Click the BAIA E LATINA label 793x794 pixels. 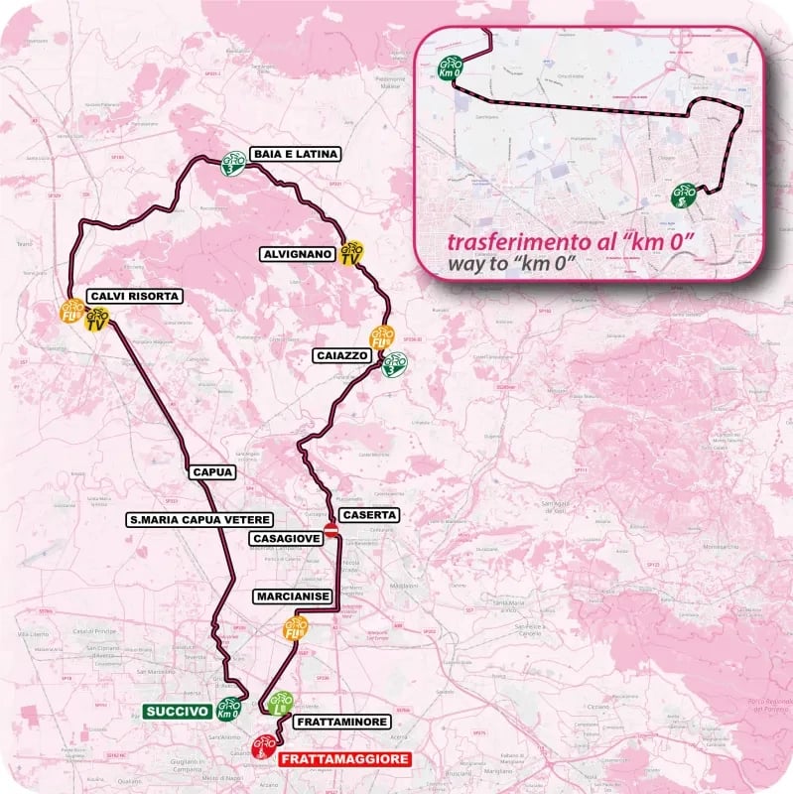[x=295, y=154]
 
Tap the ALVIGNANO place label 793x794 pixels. [x=297, y=253]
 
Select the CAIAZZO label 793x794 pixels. [x=341, y=353]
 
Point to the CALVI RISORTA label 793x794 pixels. [x=134, y=296]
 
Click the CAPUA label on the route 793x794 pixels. [x=210, y=472]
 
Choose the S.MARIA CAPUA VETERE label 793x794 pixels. [x=186, y=518]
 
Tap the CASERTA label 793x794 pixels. [x=369, y=515]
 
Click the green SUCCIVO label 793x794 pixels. [x=177, y=711]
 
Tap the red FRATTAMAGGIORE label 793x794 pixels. [x=343, y=759]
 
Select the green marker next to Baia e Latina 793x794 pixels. [x=233, y=160]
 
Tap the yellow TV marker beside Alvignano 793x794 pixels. [x=349, y=253]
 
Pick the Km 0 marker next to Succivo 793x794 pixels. [x=229, y=709]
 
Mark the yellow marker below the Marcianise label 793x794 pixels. [x=295, y=629]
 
